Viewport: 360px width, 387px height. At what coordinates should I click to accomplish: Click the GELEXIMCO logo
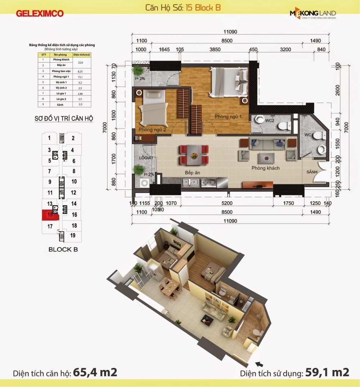[x=40, y=13]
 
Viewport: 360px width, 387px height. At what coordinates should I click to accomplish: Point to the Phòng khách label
[x=266, y=168]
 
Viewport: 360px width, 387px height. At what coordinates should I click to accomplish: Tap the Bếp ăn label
[x=192, y=173]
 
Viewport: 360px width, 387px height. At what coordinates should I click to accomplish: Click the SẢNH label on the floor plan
[x=312, y=172]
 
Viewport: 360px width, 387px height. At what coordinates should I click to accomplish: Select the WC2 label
[x=270, y=121]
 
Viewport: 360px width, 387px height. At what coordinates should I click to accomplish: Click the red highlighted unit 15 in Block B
[x=50, y=215]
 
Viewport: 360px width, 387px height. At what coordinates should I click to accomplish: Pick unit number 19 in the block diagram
[x=73, y=236]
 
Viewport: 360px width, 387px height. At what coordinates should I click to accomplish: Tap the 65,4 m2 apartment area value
[x=95, y=372]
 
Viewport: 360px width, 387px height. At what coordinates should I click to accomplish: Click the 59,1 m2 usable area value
[x=327, y=372]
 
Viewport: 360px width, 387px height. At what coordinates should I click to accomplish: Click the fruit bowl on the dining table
[x=194, y=156]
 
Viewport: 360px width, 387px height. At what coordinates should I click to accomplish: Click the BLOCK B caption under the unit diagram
[x=63, y=249]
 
